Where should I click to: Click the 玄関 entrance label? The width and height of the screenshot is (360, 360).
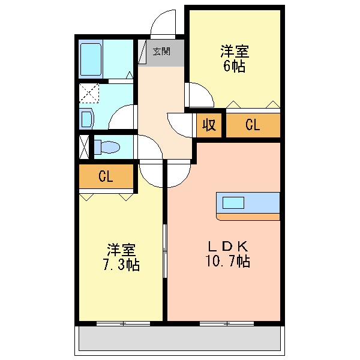coord(161,52)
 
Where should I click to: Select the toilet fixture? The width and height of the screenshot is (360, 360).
coord(107,146)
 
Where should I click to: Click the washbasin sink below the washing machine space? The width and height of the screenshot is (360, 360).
coord(86,118)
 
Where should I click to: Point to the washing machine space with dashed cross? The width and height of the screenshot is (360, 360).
coord(90,94)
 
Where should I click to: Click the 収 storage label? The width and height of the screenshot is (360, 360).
coord(209,125)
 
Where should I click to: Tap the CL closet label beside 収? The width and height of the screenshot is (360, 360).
coord(253,125)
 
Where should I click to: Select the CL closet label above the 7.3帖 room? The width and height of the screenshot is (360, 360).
coord(106,177)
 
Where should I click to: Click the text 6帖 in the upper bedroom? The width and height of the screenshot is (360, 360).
coord(234,67)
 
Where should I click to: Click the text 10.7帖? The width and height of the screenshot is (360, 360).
coord(227,262)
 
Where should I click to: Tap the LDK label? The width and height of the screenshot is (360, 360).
coord(227,246)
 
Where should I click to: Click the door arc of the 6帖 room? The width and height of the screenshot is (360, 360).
coord(200,94)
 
